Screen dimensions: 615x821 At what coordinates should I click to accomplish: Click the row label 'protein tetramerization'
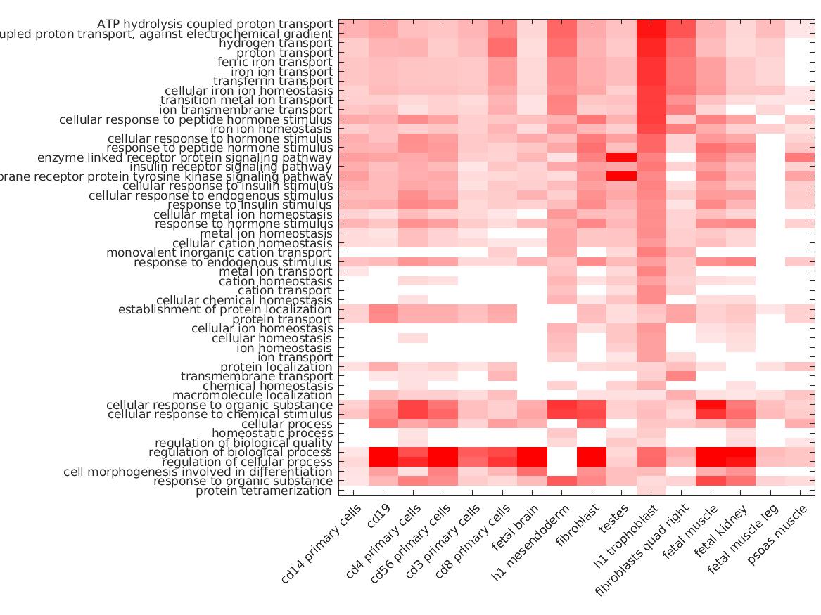[x=263, y=491]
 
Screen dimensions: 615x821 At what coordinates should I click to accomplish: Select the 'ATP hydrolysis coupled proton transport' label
[x=215, y=25]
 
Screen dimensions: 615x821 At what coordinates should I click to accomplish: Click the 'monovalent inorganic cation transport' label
[x=219, y=252]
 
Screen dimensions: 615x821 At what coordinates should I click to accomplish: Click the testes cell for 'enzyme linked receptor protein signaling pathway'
[x=621, y=157]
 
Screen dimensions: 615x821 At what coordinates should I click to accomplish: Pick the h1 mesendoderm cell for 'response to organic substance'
[x=561, y=481]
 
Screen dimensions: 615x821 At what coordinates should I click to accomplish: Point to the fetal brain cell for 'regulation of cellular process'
[x=532, y=462]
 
